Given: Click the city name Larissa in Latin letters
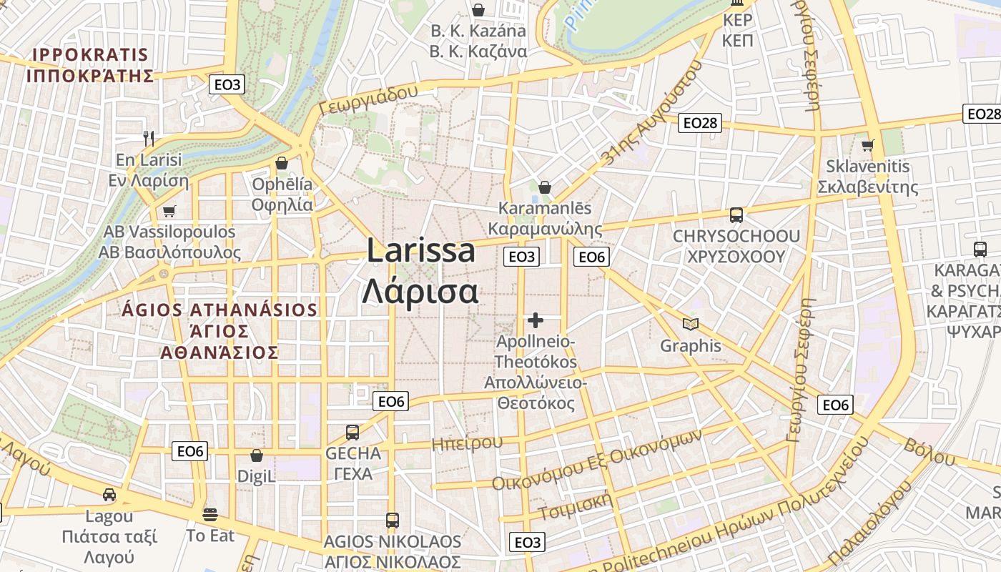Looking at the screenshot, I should [x=421, y=251].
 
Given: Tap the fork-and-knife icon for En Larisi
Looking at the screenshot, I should [x=149, y=138].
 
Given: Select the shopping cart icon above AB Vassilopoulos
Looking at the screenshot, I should [x=169, y=211].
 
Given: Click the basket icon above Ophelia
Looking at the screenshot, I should [x=282, y=163].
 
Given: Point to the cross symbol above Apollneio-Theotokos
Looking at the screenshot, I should [x=536, y=320].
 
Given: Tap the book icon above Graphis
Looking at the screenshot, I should [x=690, y=325].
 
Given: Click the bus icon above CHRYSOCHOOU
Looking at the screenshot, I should [x=736, y=214].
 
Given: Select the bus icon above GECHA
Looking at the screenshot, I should [x=352, y=432].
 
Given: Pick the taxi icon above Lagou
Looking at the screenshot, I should [x=109, y=494].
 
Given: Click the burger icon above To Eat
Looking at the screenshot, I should [x=210, y=513].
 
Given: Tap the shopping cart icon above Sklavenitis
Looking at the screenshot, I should [x=868, y=145].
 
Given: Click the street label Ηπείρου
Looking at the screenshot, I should [x=467, y=443].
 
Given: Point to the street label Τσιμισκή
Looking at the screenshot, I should [x=576, y=507].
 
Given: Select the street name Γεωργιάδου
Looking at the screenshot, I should [x=368, y=100].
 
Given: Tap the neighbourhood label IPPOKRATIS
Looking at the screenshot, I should [x=90, y=55].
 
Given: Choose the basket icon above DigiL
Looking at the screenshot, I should [x=256, y=455].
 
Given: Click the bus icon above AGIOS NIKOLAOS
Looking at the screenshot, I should [x=392, y=520].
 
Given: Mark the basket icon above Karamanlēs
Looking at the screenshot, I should [x=545, y=187].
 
